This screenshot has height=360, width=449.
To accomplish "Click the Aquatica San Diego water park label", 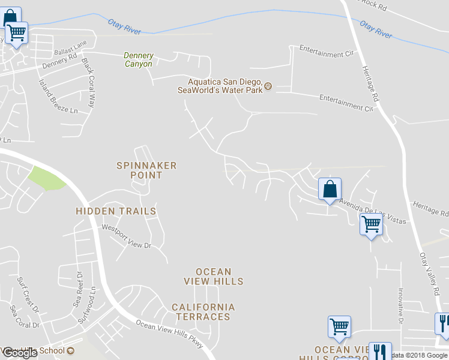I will (220, 86).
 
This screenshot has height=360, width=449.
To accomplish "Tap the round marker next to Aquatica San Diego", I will (268, 86).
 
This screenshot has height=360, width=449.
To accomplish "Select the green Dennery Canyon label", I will (138, 59).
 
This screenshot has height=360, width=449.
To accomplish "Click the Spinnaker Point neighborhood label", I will (146, 170).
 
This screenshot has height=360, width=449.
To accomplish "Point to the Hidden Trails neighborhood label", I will (116, 211).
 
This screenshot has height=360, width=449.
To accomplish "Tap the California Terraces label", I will (203, 311).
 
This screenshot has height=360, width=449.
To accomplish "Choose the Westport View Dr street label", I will (126, 236).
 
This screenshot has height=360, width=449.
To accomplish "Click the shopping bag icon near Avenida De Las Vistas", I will (330, 189).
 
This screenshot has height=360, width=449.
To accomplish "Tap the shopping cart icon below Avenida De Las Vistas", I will (371, 225).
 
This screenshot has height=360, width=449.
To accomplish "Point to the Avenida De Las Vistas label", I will (372, 211).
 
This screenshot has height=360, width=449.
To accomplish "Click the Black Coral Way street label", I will (88, 82).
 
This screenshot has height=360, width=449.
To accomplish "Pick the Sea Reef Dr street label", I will (77, 288).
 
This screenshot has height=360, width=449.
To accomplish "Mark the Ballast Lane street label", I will (70, 46).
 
